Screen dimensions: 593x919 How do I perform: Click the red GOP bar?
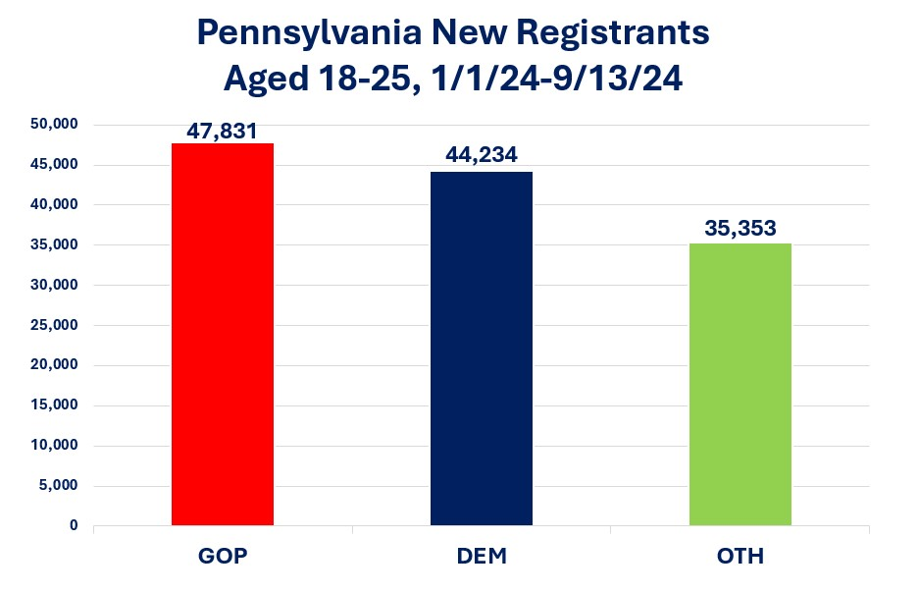[223, 334]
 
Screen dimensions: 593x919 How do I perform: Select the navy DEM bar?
[482, 349]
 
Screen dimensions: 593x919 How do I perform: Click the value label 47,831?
[223, 130]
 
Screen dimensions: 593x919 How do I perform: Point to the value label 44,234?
[482, 156]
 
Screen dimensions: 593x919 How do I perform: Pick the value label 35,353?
[740, 229]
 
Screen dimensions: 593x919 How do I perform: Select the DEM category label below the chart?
[481, 557]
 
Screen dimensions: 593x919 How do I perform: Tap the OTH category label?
[740, 557]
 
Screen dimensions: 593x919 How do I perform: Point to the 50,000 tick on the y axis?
[54, 125]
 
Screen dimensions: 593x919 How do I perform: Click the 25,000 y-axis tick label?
[54, 325]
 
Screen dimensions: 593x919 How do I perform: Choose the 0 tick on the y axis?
[73, 525]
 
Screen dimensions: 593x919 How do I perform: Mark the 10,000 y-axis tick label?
[54, 445]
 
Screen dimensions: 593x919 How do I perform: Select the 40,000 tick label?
[54, 205]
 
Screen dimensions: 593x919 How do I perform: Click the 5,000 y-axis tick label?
[58, 485]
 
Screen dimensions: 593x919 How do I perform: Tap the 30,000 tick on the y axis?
[54, 285]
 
